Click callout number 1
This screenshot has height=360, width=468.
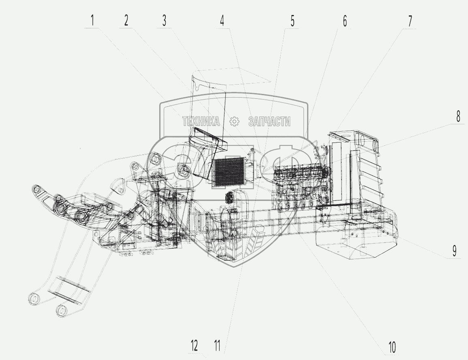click(x=92, y=20)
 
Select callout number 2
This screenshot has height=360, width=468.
click(x=126, y=20)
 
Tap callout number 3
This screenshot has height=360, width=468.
click(x=164, y=20)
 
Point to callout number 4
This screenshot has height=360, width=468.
click(x=222, y=21)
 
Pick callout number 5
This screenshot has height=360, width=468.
click(x=293, y=21)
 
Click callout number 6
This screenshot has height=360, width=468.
click(x=345, y=21)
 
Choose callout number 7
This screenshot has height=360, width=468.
click(x=410, y=21)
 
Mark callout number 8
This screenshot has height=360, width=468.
click(x=458, y=116)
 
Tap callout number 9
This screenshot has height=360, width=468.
click(x=454, y=251)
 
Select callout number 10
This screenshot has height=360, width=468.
click(x=392, y=347)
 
